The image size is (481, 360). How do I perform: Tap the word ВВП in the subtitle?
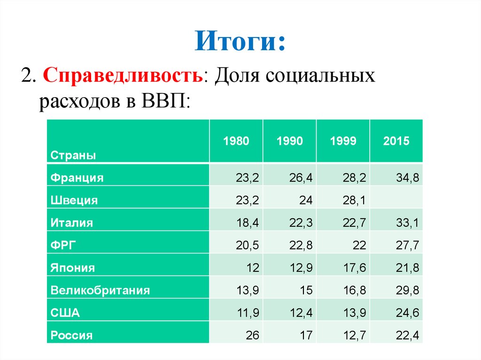163,101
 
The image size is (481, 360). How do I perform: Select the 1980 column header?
236,141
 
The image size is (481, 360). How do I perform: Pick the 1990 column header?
290,141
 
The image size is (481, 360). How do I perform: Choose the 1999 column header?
343,141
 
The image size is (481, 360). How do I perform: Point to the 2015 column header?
396,141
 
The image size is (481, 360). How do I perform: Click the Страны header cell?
73,155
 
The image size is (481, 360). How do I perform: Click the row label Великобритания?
100,291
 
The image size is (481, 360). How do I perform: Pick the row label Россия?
71,336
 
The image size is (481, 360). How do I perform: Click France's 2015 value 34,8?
408,178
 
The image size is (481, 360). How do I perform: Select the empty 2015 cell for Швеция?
396,200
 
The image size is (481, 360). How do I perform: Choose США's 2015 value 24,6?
408,313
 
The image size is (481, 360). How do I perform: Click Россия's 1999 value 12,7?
355,336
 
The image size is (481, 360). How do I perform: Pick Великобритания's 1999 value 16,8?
355,291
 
